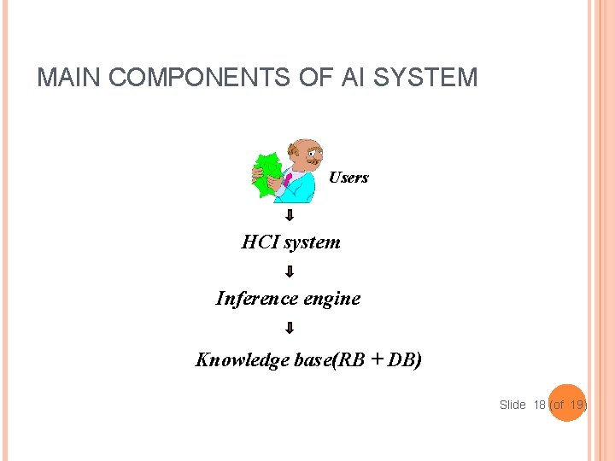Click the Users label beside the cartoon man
(348, 178)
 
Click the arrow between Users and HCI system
(290, 215)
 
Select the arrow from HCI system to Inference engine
(290, 271)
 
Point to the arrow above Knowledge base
(290, 328)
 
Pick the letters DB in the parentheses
(401, 360)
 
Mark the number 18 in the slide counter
(540, 405)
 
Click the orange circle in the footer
(564, 406)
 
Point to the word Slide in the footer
(512, 405)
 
